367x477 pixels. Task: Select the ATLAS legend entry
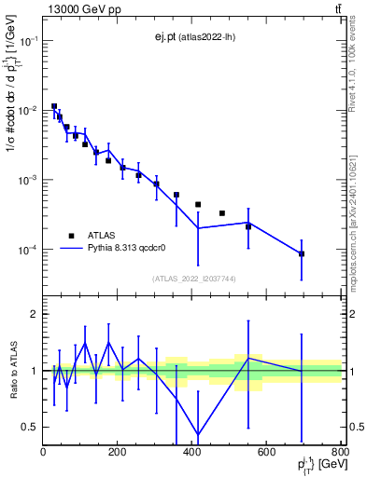tap(98, 236)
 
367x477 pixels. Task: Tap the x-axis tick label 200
tap(117, 453)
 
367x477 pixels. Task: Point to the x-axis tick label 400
tap(191, 453)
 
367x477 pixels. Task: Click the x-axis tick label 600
tap(266, 453)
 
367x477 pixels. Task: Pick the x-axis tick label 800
tap(338, 453)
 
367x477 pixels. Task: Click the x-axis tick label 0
tap(43, 453)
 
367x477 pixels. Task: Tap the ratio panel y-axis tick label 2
tap(34, 314)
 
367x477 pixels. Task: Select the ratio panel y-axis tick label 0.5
tap(30, 427)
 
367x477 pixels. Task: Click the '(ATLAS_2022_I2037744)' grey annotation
tap(192, 278)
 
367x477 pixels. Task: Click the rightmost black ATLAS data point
tap(302, 253)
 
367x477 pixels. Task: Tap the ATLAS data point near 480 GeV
tap(222, 213)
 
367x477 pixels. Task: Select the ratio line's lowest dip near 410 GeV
tap(198, 433)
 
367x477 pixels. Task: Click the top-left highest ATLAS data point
tap(54, 107)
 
